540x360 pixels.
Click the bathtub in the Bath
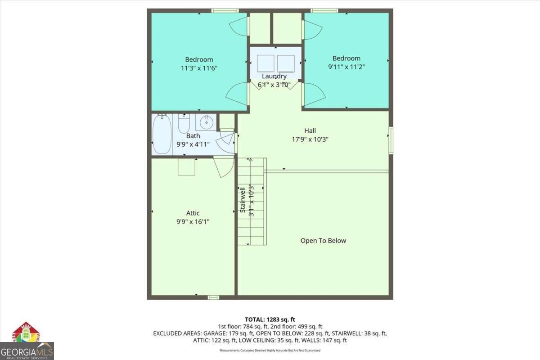point(162,134)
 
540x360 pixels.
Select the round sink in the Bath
point(207,122)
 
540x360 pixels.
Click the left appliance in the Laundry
point(265,63)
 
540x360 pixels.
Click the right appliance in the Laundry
point(286,63)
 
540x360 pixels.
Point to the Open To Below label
point(323,241)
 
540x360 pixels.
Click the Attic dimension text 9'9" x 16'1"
point(193,222)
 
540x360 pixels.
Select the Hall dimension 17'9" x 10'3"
point(310,139)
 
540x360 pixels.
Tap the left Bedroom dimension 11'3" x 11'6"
point(199,68)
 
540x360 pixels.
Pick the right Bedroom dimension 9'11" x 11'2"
point(346,67)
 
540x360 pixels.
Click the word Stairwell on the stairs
point(243,200)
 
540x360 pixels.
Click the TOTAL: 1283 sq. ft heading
point(270,319)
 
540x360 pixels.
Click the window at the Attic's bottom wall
point(213,297)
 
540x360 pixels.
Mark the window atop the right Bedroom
point(324,10)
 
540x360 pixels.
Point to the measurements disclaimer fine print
point(270,350)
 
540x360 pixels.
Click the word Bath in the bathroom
point(193,136)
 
